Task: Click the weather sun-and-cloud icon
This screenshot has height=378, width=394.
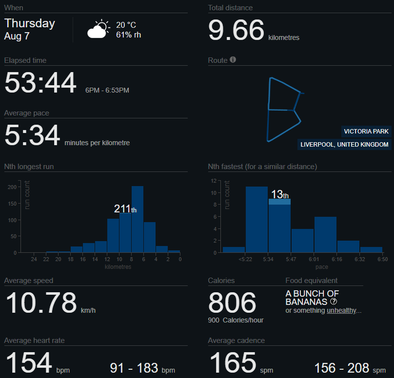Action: pos(98,29)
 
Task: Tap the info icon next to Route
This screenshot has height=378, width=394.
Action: pos(233,60)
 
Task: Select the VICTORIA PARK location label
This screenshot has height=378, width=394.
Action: pos(366,132)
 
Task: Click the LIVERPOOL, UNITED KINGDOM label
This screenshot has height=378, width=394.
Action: pos(344,145)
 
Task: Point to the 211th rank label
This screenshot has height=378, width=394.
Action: pos(125,209)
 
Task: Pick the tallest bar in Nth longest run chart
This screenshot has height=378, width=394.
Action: pos(138,219)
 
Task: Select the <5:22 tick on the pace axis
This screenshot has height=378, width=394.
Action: pos(245,260)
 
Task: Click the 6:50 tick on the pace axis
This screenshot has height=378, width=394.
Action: pos(382,260)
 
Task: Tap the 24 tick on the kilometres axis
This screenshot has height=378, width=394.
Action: pos(34,260)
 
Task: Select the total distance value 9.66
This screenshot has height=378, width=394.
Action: pos(236,30)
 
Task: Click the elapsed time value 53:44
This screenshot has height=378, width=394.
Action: pos(40,83)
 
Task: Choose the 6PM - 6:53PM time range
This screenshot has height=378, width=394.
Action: pos(107,90)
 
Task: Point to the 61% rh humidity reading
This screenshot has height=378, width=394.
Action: pos(128,35)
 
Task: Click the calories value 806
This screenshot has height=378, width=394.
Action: pos(232,303)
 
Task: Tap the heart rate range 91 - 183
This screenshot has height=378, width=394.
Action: pos(142,368)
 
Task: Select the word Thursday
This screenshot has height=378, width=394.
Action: pos(30,23)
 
